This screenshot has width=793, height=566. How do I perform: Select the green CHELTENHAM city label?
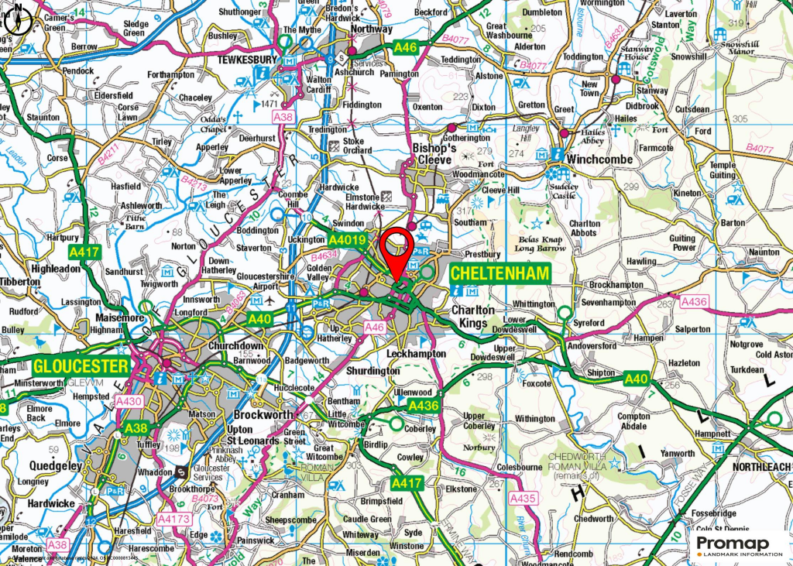[x=499, y=273]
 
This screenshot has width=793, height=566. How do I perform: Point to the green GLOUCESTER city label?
[x=81, y=365]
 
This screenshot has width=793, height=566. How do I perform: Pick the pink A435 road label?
[x=523, y=500]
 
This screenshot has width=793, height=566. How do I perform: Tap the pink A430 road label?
[x=129, y=401]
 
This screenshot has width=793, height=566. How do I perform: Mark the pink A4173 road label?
[x=174, y=519]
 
